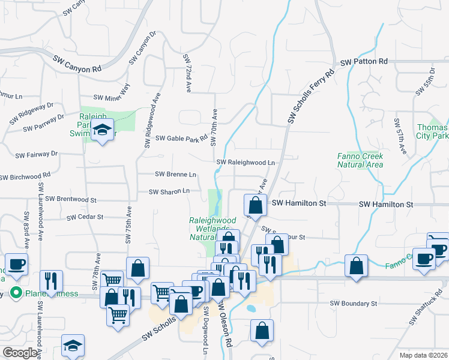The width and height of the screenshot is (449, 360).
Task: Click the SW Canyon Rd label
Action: pyautogui.click(x=77, y=64)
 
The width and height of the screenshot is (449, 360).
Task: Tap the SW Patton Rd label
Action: pyautogui.click(x=364, y=62)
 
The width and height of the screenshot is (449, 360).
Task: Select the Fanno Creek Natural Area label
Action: pyautogui.click(x=360, y=160)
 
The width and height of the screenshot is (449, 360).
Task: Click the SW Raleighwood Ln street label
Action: pyautogui.click(x=246, y=163)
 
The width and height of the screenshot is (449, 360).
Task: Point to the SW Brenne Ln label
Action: pyautogui.click(x=175, y=175)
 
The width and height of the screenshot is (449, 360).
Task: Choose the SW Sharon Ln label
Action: pyautogui.click(x=169, y=191)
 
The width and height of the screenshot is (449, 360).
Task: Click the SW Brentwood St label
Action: pyautogui.click(x=71, y=199)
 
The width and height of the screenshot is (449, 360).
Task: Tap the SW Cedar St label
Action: pyautogui.click(x=85, y=217)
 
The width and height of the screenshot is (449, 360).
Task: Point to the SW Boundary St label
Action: pyautogui.click(x=354, y=304)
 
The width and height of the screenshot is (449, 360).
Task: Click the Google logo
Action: pyautogui.click(x=20, y=353)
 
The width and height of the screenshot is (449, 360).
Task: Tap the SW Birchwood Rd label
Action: pyautogui.click(x=25, y=177)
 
